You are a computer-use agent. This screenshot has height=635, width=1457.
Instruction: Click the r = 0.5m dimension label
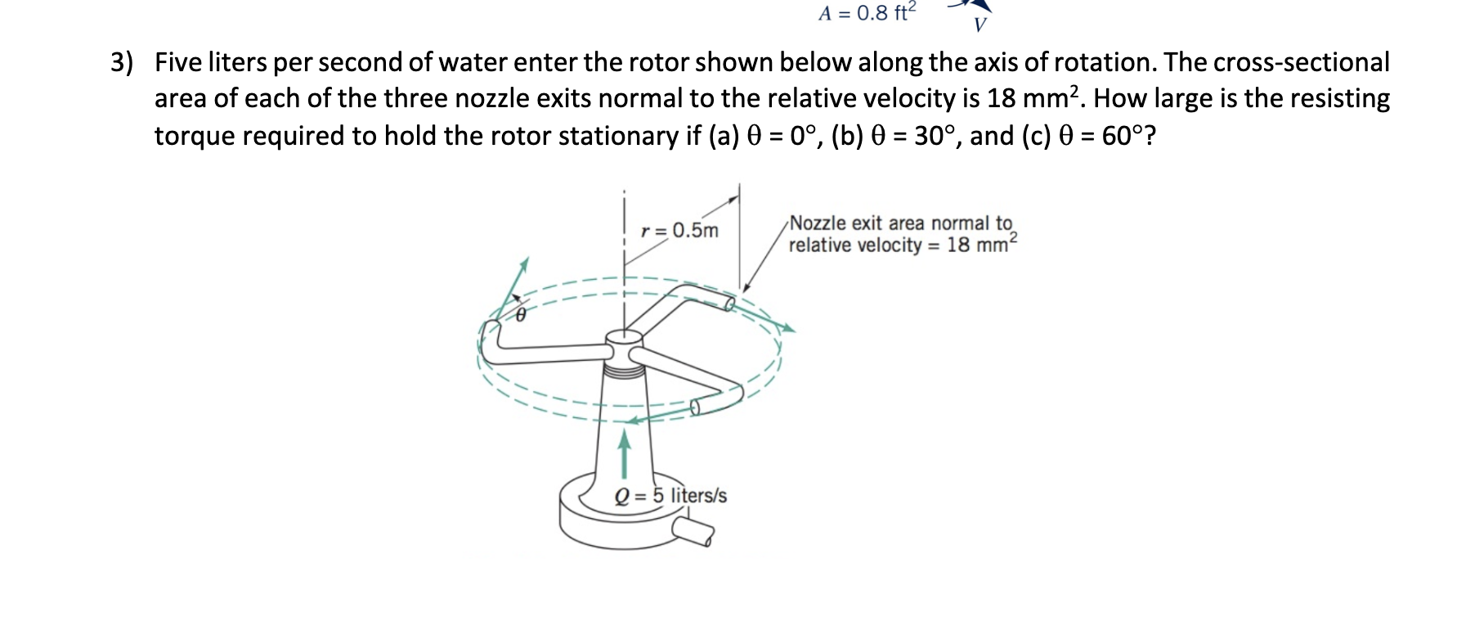tap(679, 231)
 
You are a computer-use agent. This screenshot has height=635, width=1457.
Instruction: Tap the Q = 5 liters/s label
tap(670, 496)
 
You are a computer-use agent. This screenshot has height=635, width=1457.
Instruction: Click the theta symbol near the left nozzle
tap(520, 314)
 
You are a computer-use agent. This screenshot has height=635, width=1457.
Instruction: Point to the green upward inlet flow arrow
tap(625, 455)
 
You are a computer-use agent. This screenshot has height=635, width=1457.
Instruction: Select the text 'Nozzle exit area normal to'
tap(900, 223)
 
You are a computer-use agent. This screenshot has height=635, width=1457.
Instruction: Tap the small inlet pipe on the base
tap(693, 532)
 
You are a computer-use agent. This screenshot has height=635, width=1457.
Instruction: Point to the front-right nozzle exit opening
tap(696, 407)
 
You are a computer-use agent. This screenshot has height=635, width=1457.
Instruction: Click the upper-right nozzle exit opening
tap(729, 304)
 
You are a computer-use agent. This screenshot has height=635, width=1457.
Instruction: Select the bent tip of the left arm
tap(491, 336)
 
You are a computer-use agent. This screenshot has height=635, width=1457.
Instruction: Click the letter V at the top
tap(980, 25)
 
